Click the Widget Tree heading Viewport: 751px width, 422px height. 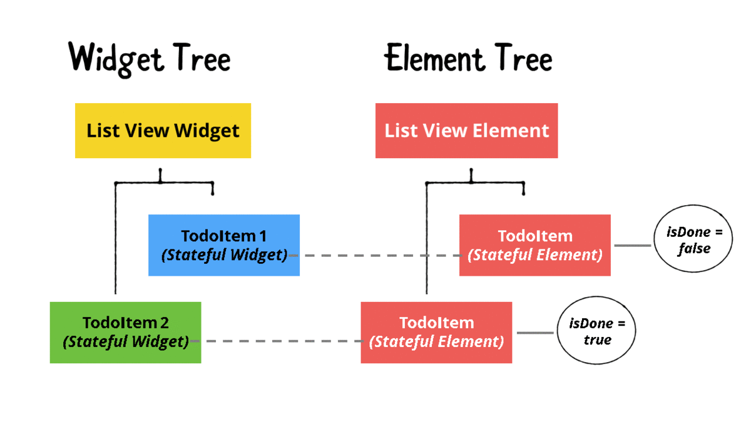click(x=150, y=59)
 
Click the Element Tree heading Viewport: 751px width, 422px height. click(x=468, y=59)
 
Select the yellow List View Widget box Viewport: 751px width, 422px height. click(x=163, y=131)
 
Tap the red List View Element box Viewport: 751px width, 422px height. click(x=466, y=131)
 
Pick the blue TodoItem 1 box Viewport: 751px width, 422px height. click(x=224, y=245)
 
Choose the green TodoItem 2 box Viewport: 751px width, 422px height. click(x=125, y=332)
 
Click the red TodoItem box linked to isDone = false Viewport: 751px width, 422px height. click(x=534, y=245)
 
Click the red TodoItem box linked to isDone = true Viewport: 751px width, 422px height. click(x=436, y=332)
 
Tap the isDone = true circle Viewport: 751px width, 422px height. click(x=596, y=331)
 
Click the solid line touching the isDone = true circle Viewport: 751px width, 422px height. click(x=534, y=333)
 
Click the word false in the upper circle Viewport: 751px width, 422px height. click(x=695, y=248)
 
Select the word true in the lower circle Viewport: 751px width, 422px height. click(x=597, y=339)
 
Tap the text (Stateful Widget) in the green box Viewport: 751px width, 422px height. click(x=126, y=341)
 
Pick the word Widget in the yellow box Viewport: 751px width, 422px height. click(x=207, y=131)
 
